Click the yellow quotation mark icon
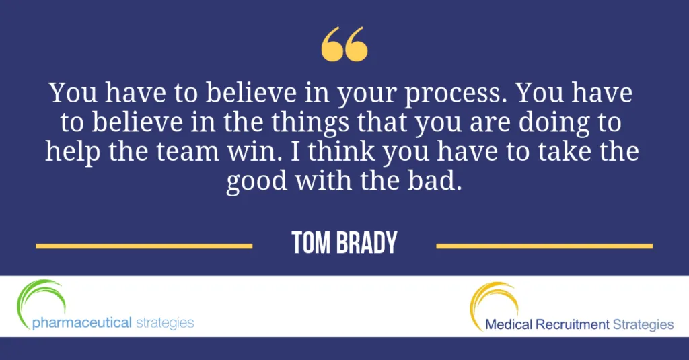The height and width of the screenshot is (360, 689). pos(344,44)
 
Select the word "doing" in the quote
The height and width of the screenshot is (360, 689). pos(554,123)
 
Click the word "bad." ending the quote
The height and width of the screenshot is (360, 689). pos(435,180)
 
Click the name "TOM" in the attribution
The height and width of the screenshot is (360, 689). pos(311,243)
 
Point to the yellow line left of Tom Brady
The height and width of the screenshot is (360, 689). pos(144,246)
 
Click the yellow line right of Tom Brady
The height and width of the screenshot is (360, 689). pos(544,246)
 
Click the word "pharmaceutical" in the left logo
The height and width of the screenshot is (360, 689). pos(82,323)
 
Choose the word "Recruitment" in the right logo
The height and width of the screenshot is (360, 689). pos(573,324)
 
